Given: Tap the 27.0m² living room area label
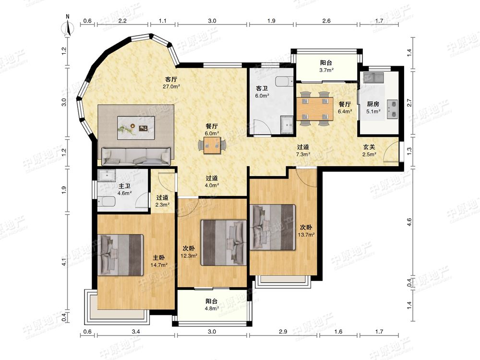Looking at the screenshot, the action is coord(171,86).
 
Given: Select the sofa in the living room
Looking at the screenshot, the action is coord(136,156).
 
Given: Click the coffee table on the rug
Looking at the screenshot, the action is coord(136,128).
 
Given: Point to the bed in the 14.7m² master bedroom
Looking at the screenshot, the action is coord(120,255).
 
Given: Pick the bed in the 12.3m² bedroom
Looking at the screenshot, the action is coord(224,242).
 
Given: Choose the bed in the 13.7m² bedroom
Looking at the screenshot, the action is coord(273,227).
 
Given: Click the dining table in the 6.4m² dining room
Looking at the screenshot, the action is coord(315,108).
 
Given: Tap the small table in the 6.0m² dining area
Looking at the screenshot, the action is coord(212,145).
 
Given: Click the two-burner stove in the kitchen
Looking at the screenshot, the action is coord(393,109).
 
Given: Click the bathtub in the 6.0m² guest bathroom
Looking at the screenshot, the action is coord(284,82).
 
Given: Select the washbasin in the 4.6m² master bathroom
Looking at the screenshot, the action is coord(107,175).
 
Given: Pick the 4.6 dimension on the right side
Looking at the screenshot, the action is coord(409,222).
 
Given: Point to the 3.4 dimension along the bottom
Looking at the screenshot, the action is coord(136,332).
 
